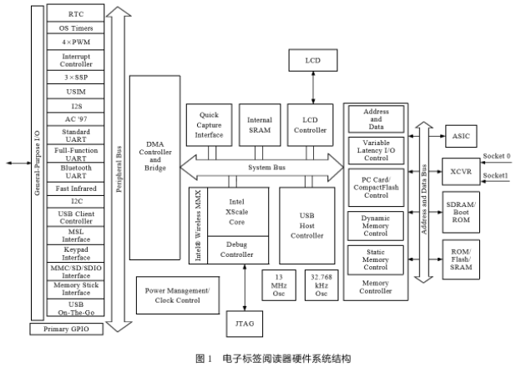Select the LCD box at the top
coord(312,61)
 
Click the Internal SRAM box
coord(260,125)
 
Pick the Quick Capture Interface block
coord(208,125)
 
